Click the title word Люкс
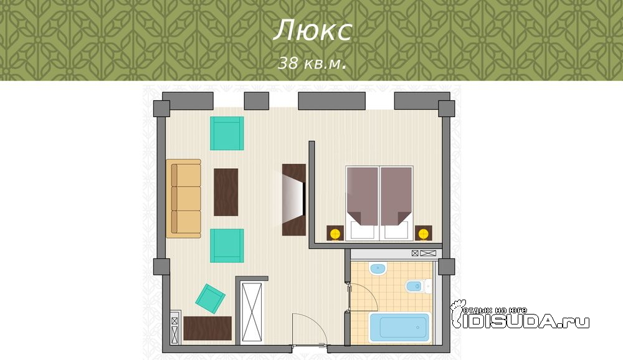pos(312,30)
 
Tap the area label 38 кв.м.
pos(312,63)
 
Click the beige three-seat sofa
pos(184,199)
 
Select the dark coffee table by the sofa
pos(226,192)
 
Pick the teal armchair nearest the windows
pos(227,133)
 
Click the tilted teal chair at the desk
pos(210,299)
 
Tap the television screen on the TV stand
pos(295,199)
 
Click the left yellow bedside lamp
pos(335,233)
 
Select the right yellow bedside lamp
pos(423,233)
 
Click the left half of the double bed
pos(362,204)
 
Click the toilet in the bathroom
pos(416,286)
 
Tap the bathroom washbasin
pos(378,269)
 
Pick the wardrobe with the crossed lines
pos(252,313)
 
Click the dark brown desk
pos(207,328)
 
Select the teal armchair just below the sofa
pos(227,245)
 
